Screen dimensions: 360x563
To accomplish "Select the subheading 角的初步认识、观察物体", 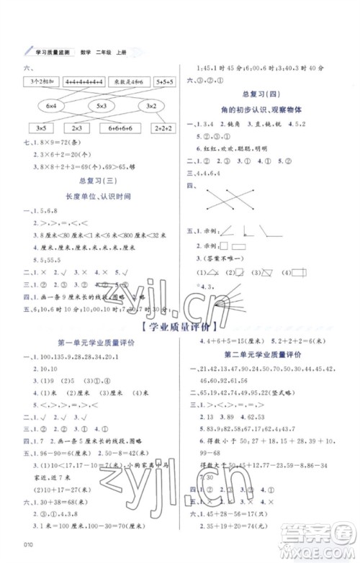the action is [x=263, y=110].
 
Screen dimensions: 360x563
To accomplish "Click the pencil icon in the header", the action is [x=27, y=50].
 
